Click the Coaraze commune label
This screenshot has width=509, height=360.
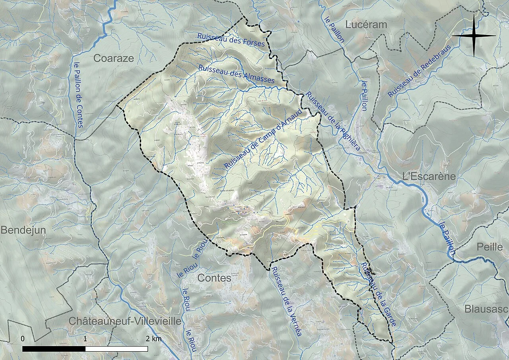113,58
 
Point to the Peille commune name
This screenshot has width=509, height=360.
490,247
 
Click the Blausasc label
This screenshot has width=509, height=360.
486,309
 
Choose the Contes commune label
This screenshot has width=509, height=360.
214,278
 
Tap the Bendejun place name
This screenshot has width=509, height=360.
23,230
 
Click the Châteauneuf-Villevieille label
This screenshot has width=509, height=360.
125,321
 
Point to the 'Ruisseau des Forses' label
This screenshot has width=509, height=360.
231,39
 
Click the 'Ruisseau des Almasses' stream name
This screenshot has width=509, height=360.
236,74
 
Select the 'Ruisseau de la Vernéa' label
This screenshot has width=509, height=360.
286,301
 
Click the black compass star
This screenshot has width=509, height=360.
474,36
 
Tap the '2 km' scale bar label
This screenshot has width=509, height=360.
153,339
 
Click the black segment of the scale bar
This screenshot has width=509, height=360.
54,349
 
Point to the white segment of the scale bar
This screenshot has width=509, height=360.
117,349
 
